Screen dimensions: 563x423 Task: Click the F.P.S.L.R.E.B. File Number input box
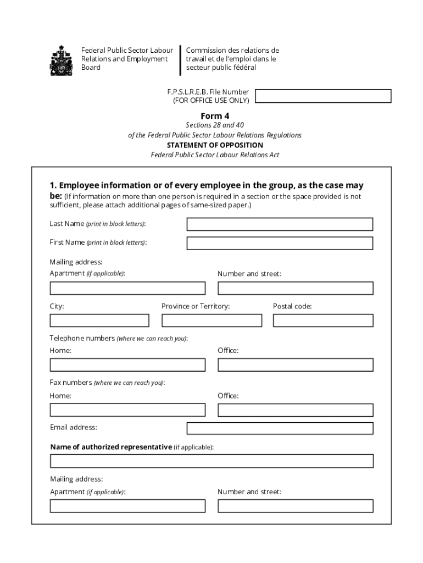[323, 96]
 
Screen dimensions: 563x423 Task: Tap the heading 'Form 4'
[215, 116]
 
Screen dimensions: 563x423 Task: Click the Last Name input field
[280, 224]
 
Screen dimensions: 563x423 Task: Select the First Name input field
[280, 243]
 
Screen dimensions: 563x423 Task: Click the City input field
[99, 321]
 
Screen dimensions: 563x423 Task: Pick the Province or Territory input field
[211, 321]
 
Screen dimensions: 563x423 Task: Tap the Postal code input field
[323, 321]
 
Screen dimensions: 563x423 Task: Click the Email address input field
[280, 428]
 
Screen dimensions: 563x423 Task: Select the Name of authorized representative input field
[211, 461]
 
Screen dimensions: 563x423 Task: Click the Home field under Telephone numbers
[127, 365]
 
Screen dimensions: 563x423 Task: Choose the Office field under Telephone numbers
[296, 365]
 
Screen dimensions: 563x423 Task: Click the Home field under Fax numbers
[127, 410]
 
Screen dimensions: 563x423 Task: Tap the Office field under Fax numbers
[296, 410]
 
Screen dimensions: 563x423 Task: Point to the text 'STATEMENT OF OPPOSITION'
[215, 145]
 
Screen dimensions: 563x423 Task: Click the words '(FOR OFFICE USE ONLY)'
[211, 101]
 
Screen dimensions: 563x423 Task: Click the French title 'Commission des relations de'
[232, 51]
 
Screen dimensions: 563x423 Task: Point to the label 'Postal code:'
[292, 306]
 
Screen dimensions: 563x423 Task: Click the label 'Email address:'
[74, 427]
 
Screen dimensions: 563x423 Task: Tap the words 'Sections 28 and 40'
[215, 125]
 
